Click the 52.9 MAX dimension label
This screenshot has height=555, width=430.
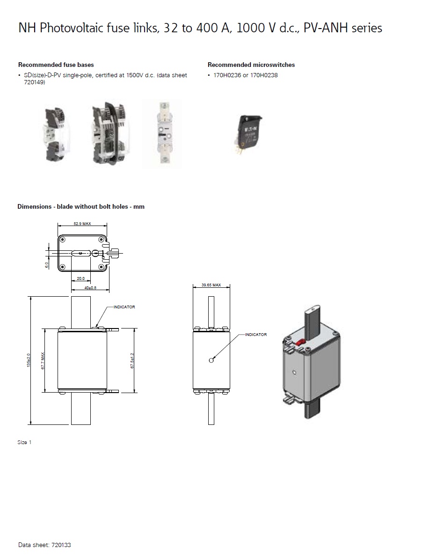[x=82, y=224]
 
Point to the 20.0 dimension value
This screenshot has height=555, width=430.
[x=80, y=278]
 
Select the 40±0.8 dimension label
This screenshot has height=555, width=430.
[x=90, y=288]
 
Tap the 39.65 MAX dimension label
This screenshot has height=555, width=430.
[x=211, y=285]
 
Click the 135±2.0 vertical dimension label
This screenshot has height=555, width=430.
[x=29, y=360]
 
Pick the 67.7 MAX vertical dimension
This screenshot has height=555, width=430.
[x=43, y=361]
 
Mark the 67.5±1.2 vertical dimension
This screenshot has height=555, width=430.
[x=132, y=361]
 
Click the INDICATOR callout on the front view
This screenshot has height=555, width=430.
[x=124, y=307]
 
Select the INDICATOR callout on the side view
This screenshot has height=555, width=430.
[x=256, y=335]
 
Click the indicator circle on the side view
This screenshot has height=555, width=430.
[x=211, y=360]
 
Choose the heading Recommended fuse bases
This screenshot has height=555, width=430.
[x=56, y=65]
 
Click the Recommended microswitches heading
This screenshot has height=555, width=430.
[x=251, y=65]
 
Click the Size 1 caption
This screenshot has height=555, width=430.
[x=24, y=442]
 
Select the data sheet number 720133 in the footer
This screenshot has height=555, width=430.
[x=61, y=545]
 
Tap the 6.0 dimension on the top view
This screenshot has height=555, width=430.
[x=46, y=265]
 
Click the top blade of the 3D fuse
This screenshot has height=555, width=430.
[x=313, y=318]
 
